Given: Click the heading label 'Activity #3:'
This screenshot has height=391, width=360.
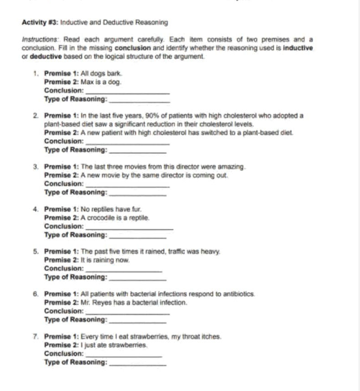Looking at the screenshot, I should pyautogui.click(x=40, y=22).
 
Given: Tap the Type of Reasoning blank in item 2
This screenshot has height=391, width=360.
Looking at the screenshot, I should pyautogui.click(x=138, y=151).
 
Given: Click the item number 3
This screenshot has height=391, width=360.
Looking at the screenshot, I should pyautogui.click(x=35, y=167).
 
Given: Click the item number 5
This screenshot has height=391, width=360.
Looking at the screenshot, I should pyautogui.click(x=35, y=252).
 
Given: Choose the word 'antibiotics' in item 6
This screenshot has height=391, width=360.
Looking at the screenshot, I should pyautogui.click(x=239, y=294).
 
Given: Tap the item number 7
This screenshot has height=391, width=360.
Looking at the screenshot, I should pyautogui.click(x=35, y=337).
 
